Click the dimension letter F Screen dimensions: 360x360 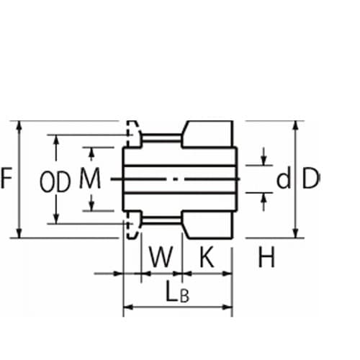click(x=6, y=179)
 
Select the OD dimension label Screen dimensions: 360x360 click(x=55, y=182)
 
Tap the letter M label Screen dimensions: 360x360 click(x=90, y=178)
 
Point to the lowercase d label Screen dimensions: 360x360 click(x=284, y=178)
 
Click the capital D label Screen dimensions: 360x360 click(x=311, y=178)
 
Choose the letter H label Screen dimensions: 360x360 click(x=266, y=257)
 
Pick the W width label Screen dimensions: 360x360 click(x=161, y=257)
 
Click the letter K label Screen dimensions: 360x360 click(x=207, y=257)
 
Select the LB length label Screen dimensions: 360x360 click(x=178, y=292)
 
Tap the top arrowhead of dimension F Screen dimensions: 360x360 click(x=19, y=125)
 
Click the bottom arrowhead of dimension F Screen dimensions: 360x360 click(x=19, y=234)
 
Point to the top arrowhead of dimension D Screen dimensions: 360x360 click(x=296, y=125)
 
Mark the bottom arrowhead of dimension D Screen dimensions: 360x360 click(x=296, y=234)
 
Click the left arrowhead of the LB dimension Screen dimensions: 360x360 click(x=127, y=307)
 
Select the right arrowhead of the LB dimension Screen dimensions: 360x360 click(x=228, y=307)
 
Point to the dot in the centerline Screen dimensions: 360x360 click(x=176, y=179)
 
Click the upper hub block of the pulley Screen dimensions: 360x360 click(x=207, y=134)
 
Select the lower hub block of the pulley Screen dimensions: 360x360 click(x=207, y=225)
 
